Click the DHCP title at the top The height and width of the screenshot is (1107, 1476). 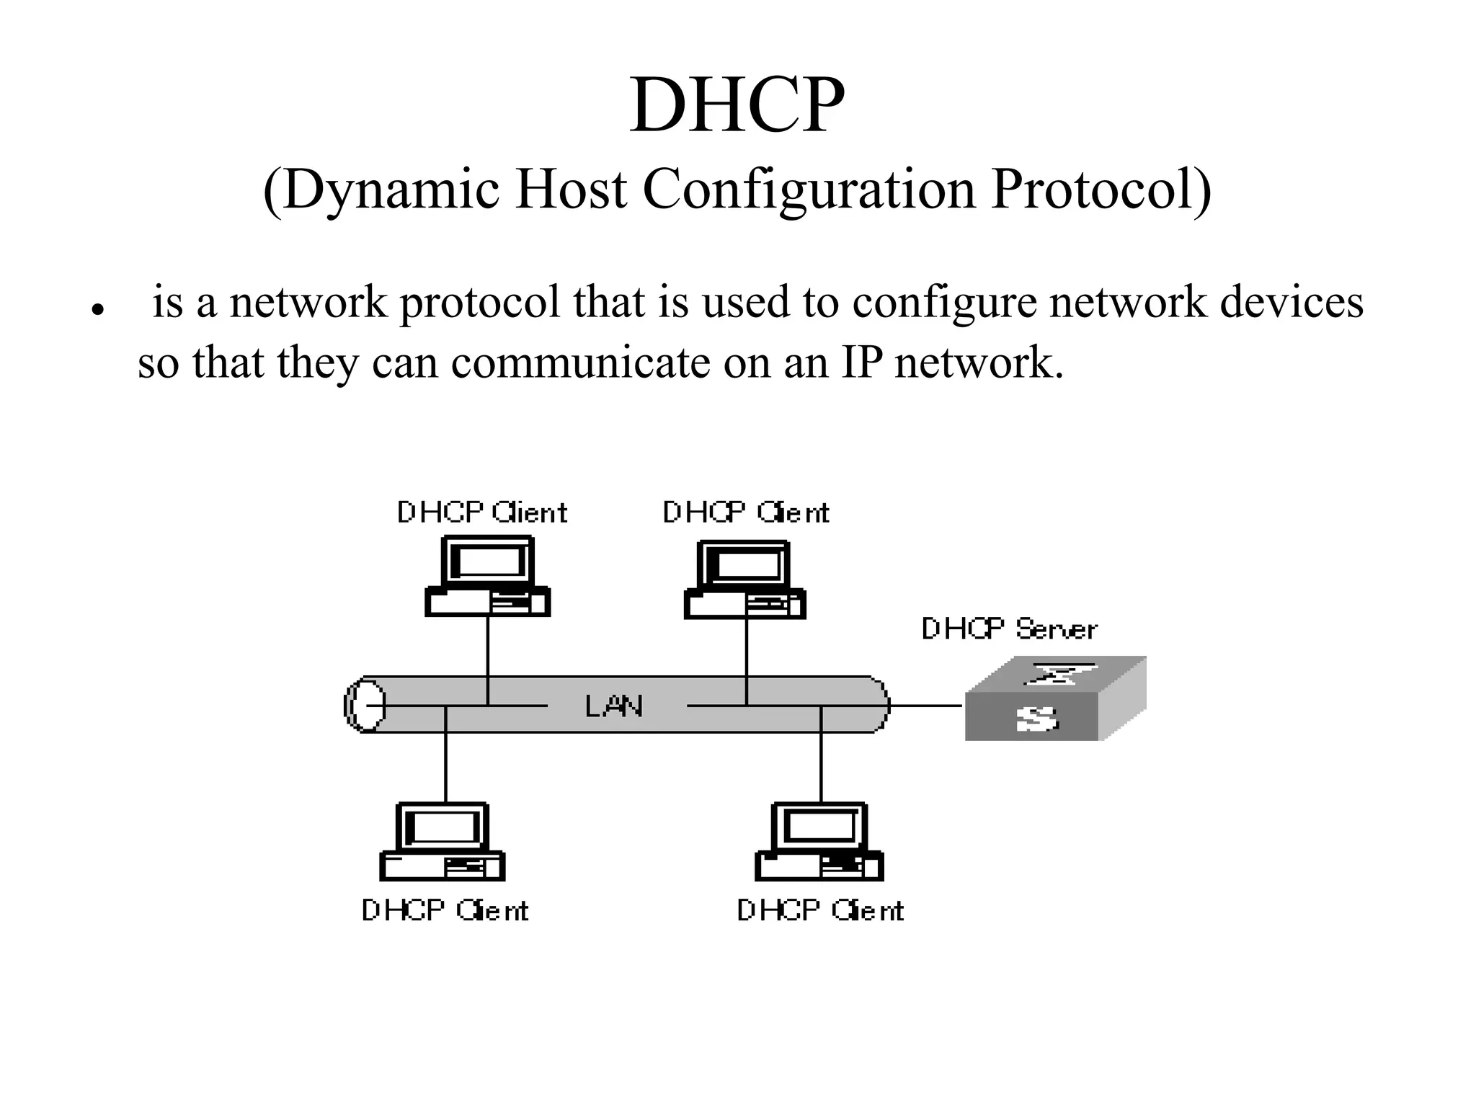[x=737, y=107]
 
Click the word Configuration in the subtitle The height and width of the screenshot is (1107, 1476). [x=808, y=190]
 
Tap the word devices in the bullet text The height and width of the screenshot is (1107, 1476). [x=1291, y=302]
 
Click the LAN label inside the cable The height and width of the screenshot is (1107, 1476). [x=613, y=706]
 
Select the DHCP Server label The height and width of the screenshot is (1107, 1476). [x=1009, y=629]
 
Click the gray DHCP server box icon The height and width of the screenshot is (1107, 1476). [x=1054, y=699]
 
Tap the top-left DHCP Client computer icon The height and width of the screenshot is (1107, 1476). [x=488, y=577]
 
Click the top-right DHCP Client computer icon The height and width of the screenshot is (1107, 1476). [x=745, y=580]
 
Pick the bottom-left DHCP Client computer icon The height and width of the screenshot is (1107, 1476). [x=443, y=842]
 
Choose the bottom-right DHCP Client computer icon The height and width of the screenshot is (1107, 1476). [x=819, y=842]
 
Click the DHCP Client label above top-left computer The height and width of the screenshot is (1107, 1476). [x=482, y=513]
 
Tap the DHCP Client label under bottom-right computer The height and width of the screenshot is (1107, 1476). [x=820, y=911]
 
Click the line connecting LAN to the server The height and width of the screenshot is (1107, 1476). [x=927, y=706]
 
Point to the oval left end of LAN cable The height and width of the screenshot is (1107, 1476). [x=365, y=705]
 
